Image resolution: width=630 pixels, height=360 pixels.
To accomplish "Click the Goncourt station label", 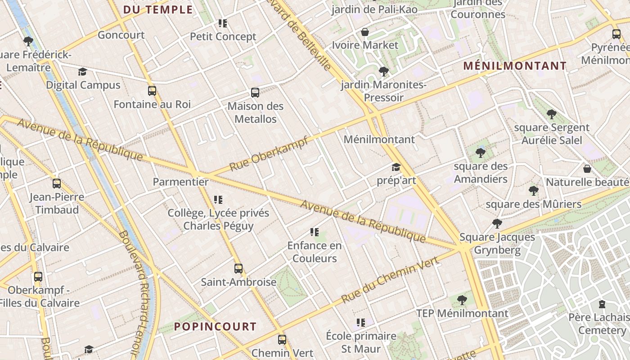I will [x=121, y=35].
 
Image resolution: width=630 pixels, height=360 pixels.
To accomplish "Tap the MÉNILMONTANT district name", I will [x=515, y=66].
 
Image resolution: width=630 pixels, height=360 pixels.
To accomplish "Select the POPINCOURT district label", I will [x=215, y=327].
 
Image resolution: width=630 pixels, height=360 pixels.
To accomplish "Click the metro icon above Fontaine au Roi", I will [x=152, y=91].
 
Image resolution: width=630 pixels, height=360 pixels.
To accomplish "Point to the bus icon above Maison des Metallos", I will [x=255, y=93].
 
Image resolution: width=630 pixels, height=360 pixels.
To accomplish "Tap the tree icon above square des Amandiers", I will [x=481, y=153].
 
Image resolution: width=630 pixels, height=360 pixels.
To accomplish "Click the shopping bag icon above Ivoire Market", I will [x=365, y=32].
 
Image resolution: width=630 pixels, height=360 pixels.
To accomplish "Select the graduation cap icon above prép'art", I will [x=396, y=167].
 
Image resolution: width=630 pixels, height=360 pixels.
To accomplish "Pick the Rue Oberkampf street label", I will [x=269, y=153].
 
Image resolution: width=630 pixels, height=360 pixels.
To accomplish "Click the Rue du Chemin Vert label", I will [x=390, y=279].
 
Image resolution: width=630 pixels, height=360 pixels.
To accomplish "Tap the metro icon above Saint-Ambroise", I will [x=238, y=269].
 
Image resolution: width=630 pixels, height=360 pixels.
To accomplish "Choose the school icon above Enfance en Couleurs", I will [x=315, y=232].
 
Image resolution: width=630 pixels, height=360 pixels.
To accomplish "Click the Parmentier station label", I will [x=181, y=182].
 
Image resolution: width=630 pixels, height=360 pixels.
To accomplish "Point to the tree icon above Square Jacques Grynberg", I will [x=497, y=224].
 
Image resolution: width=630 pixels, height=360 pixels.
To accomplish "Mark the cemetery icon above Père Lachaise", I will [x=602, y=304].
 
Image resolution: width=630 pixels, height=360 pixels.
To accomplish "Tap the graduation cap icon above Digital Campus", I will [x=82, y=72].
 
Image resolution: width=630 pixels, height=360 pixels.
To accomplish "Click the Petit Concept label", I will [x=223, y=37].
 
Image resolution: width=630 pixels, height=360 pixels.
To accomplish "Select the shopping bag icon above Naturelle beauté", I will [x=587, y=169].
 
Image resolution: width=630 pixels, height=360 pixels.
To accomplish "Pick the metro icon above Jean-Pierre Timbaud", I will [x=57, y=184].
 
